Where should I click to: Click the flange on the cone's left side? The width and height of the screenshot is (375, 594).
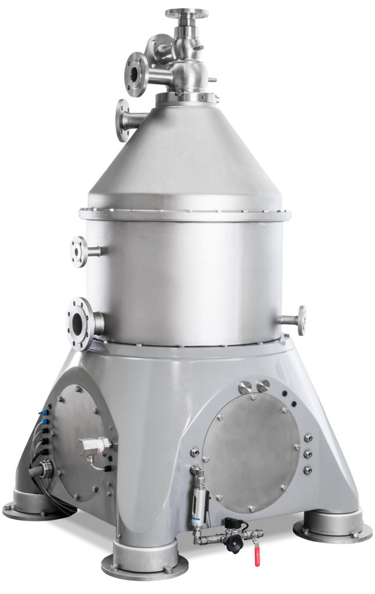[x=122, y=120]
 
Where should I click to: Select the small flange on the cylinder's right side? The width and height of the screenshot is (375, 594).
[x=301, y=320]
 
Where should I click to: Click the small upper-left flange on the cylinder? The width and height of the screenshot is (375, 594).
[x=77, y=252]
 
